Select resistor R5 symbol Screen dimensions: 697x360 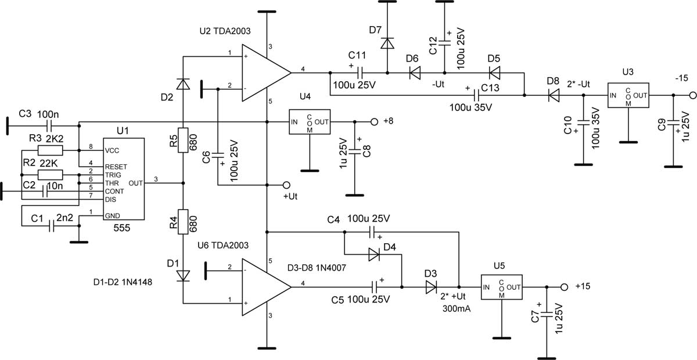183,140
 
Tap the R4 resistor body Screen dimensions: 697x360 183,222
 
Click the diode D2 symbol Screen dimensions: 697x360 183,84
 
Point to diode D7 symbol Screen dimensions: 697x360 387,43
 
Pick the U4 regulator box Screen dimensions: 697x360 310,122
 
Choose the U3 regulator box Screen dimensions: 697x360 628,95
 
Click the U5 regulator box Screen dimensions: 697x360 502,287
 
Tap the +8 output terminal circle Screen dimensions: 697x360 374,122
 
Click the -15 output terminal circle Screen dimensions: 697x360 693,96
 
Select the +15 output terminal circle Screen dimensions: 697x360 564,287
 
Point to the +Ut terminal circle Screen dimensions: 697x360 286,185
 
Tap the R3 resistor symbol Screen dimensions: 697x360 50,150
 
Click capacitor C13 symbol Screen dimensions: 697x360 476,95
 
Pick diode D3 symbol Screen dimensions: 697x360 431,287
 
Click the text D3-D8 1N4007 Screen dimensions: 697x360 317,268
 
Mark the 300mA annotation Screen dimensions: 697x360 457,309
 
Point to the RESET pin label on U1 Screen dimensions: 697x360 116,167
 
